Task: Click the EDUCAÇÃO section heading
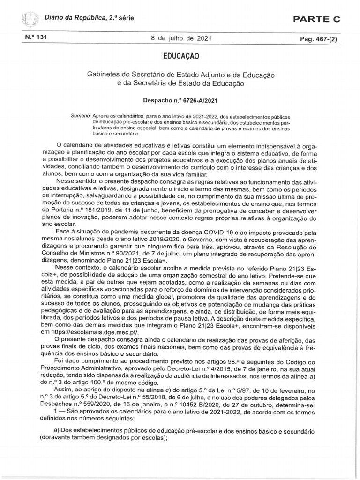click(x=180, y=56)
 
